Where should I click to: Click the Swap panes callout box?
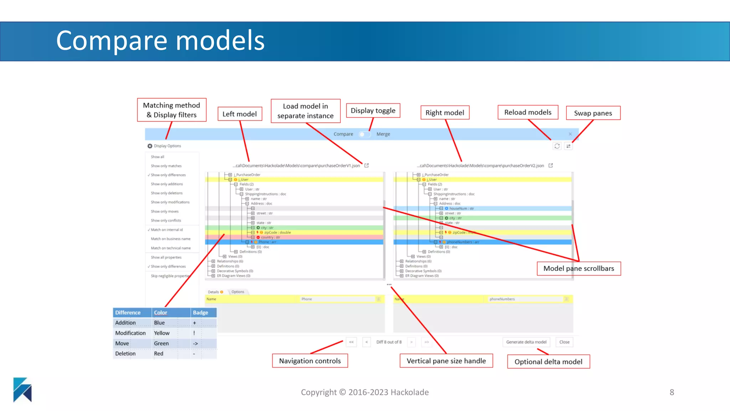593,113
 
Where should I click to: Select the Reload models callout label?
528,112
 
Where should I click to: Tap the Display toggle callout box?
373,111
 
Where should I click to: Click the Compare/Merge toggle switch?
364,134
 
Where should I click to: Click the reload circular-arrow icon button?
557,146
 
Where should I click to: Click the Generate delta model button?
526,342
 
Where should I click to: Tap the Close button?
564,342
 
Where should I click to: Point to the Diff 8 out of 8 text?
389,342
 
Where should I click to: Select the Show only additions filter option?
166,184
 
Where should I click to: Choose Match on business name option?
170,239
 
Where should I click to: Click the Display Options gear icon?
150,146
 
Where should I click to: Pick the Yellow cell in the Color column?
162,333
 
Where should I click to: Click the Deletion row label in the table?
125,354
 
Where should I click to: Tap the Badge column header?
200,313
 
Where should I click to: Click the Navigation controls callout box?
310,361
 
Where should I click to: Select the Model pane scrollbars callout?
579,268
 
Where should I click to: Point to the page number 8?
672,392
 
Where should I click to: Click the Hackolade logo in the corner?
22,390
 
